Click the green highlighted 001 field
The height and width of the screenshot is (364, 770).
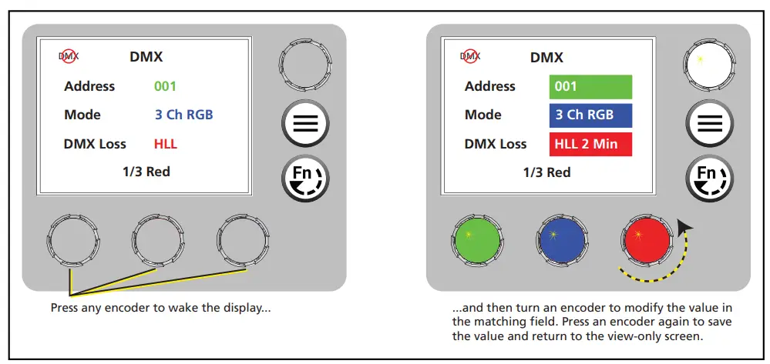590,86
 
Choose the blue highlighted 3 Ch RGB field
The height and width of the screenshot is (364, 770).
590,115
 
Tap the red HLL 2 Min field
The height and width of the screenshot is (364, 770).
590,144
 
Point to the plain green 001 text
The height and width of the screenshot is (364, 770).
165,86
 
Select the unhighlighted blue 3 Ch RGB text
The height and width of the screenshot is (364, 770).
183,115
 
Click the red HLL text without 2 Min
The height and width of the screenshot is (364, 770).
165,144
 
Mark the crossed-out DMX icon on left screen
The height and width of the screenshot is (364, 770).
69,55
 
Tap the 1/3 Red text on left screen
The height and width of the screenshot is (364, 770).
146,172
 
